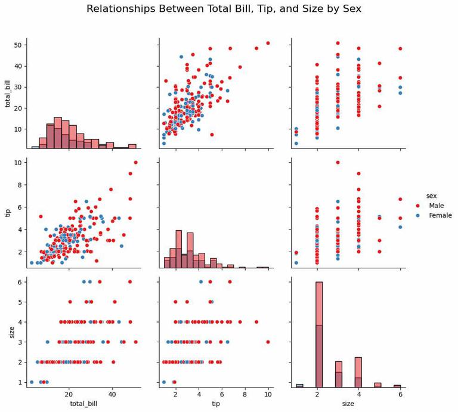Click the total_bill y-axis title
click(8, 93)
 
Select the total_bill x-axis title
click(84, 404)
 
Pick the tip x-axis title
click(216, 404)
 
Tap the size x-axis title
click(348, 404)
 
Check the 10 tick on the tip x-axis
click(268, 394)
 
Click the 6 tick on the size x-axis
click(400, 394)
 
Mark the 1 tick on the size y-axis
click(20, 382)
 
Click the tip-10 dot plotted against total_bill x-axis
click(135, 162)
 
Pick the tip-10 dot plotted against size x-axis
click(338, 162)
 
